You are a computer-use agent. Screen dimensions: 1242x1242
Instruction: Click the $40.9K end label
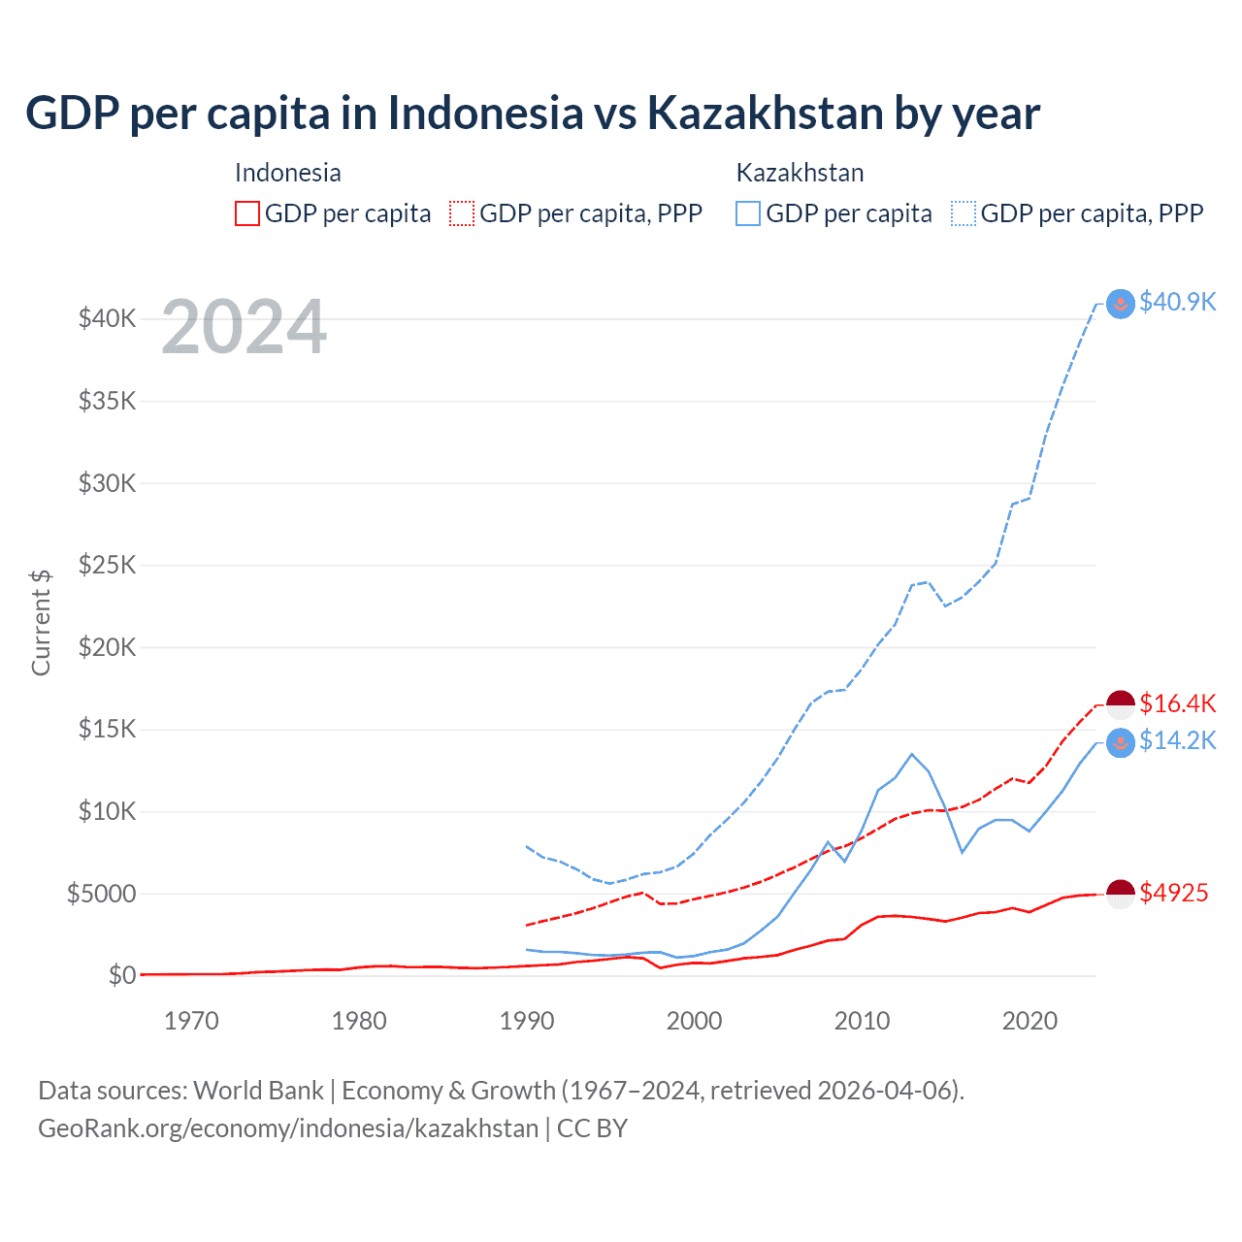click(x=1177, y=302)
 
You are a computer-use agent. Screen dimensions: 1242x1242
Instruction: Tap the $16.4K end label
click(x=1177, y=703)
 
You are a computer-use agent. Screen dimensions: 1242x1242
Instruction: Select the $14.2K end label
click(x=1177, y=740)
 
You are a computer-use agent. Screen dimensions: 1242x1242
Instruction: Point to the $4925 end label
click(x=1173, y=893)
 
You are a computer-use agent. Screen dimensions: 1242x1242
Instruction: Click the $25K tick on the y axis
click(x=107, y=565)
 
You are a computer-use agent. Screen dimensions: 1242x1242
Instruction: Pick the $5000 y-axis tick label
click(x=101, y=894)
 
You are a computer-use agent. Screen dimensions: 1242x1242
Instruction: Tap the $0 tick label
click(x=121, y=975)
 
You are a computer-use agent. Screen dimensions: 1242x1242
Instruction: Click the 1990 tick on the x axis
click(x=527, y=1021)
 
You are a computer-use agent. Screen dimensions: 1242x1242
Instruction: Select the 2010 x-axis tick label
click(x=862, y=1021)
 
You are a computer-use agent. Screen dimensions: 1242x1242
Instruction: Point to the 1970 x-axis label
click(x=191, y=1021)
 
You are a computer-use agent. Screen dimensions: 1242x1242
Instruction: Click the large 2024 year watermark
click(x=244, y=328)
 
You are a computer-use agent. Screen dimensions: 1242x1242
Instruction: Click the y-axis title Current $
click(x=41, y=622)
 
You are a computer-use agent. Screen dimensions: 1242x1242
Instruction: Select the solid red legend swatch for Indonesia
click(x=247, y=213)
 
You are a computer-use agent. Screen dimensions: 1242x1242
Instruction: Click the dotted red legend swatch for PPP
click(x=462, y=213)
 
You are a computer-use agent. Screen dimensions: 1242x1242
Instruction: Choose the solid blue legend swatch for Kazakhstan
click(x=748, y=213)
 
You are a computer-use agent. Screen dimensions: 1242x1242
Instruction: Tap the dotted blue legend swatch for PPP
click(x=964, y=213)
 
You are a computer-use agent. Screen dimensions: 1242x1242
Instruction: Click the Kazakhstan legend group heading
click(x=800, y=173)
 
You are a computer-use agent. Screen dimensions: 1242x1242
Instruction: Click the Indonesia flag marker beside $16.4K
click(x=1121, y=704)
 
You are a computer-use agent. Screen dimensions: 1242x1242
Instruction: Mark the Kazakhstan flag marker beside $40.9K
click(x=1121, y=303)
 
